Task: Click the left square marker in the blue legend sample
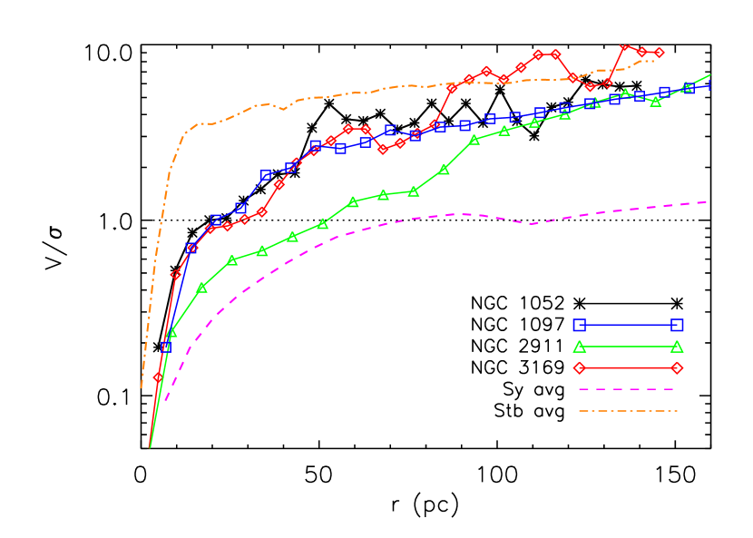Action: (x=580, y=325)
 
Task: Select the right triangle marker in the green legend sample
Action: (x=677, y=347)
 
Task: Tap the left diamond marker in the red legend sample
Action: (x=580, y=368)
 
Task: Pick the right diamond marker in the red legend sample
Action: (x=677, y=368)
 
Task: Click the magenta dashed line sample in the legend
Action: (x=626, y=389)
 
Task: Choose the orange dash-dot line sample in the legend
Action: (x=628, y=411)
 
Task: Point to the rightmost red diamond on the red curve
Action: (x=659, y=53)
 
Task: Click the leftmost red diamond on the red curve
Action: (x=158, y=377)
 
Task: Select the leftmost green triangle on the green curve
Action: (x=171, y=333)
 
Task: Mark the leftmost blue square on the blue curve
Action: (x=166, y=347)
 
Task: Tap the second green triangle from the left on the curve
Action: (x=201, y=288)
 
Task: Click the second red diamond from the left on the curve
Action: (x=176, y=274)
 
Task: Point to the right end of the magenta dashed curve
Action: (x=707, y=201)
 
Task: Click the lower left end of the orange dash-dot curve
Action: (x=142, y=387)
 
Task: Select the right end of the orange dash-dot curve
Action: (x=654, y=61)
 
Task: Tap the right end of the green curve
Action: (x=710, y=75)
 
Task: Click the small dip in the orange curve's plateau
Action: (x=283, y=109)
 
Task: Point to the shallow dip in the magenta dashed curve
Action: (x=533, y=223)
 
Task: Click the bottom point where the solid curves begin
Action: (x=150, y=447)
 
